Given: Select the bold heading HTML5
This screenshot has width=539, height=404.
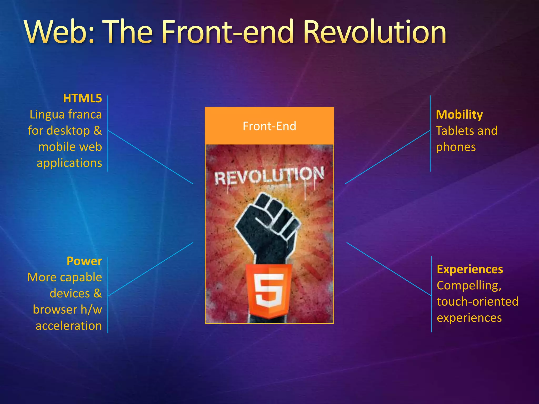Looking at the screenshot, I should point(82,98).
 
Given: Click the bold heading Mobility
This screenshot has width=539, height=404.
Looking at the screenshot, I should point(459,115).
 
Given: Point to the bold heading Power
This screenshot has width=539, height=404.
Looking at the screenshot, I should point(84,261).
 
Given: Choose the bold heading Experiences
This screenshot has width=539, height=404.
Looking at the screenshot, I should point(470,269).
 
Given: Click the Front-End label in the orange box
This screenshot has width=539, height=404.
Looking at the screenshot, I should point(269,126).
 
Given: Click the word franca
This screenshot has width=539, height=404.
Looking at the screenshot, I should point(85,115).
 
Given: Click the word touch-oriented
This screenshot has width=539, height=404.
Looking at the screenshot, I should point(477,302).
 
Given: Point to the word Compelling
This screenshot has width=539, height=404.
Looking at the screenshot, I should point(469,286).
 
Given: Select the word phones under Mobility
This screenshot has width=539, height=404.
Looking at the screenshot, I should point(456,147).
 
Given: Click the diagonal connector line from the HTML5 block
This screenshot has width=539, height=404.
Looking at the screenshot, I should point(151,157).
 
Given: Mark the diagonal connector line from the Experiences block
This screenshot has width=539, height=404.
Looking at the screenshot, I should point(389,269).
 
